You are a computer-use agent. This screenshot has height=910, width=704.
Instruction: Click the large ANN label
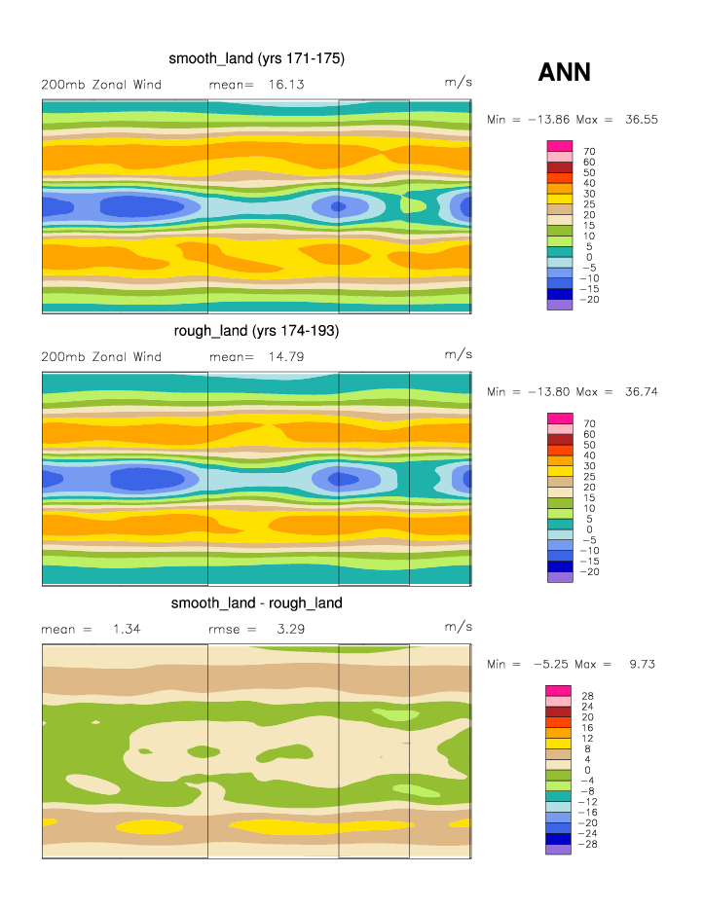(565, 72)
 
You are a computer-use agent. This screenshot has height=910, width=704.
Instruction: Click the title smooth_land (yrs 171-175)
(257, 59)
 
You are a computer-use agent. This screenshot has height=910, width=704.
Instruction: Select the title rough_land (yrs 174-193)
(256, 331)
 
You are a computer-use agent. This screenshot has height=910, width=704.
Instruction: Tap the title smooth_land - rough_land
(256, 603)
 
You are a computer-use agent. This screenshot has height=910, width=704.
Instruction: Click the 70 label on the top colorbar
(589, 152)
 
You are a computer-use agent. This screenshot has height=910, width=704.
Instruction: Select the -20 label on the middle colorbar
(590, 571)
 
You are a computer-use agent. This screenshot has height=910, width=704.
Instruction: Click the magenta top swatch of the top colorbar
(559, 146)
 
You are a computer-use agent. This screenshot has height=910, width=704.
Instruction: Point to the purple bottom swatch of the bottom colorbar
(559, 849)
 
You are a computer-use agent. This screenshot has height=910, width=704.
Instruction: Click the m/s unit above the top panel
(458, 84)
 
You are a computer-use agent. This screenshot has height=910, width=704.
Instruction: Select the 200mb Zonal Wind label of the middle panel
(101, 357)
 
